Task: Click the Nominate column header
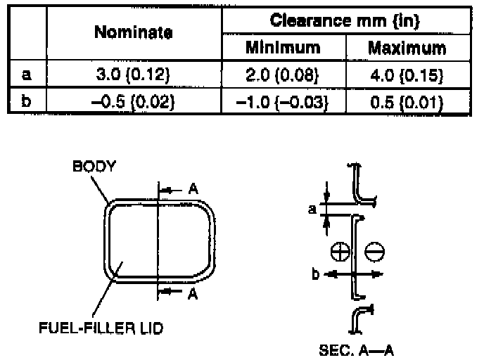[134, 32]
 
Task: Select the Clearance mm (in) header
[345, 21]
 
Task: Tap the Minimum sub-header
[283, 48]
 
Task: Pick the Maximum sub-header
[407, 48]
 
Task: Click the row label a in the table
[27, 75]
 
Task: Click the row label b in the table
[26, 101]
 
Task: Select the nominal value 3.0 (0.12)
[133, 75]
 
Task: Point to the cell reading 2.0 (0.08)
[282, 75]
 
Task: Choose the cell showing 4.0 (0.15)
[407, 75]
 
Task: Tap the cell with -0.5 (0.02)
[133, 101]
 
